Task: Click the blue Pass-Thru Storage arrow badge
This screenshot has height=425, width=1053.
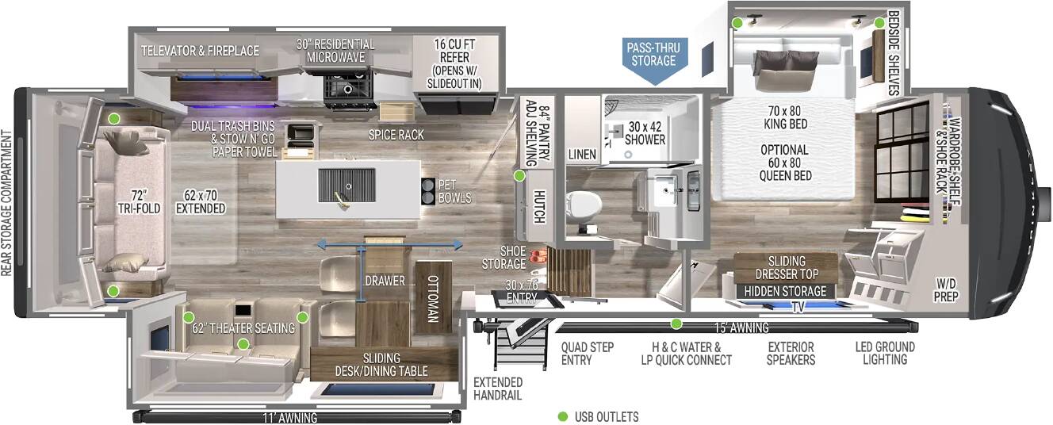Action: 653,59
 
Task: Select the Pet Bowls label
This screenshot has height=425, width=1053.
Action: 454,191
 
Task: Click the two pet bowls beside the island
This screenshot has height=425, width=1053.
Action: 428,191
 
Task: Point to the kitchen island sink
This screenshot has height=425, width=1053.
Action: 347,186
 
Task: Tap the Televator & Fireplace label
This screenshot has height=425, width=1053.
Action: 201,51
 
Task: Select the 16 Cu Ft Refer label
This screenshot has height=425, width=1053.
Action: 454,64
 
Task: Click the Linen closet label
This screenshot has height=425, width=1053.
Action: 582,154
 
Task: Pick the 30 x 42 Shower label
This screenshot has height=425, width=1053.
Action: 645,133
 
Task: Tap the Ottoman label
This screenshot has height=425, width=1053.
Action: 433,299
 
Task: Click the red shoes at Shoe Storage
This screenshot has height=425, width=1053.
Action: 536,257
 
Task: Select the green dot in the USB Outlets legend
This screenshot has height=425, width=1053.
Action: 562,416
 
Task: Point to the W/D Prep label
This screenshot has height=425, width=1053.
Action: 946,290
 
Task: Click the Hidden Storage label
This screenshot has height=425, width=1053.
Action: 785,292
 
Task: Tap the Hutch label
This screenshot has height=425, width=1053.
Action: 539,206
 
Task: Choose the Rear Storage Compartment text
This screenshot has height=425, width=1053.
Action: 6,203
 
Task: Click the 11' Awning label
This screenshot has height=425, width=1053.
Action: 290,418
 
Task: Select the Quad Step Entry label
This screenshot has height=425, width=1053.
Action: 587,354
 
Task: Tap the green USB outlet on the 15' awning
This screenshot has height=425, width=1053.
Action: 676,324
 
